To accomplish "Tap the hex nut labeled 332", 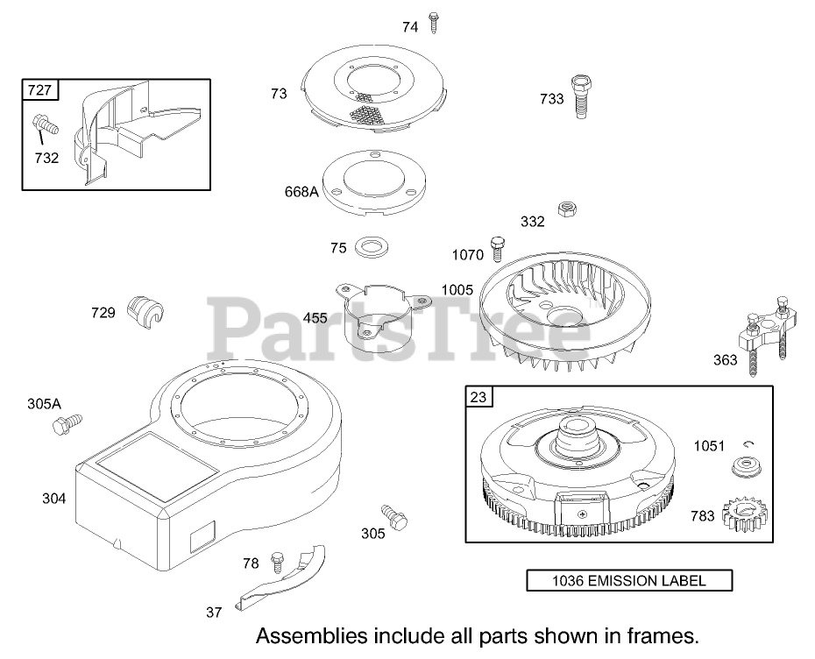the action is tap(566, 210).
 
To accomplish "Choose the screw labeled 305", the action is tap(394, 516).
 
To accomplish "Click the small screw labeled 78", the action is tap(279, 559).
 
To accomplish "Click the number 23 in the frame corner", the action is tap(478, 398).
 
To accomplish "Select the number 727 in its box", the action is tap(39, 90).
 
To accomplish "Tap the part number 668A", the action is tap(301, 192).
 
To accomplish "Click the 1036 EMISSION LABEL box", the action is tap(628, 580).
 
